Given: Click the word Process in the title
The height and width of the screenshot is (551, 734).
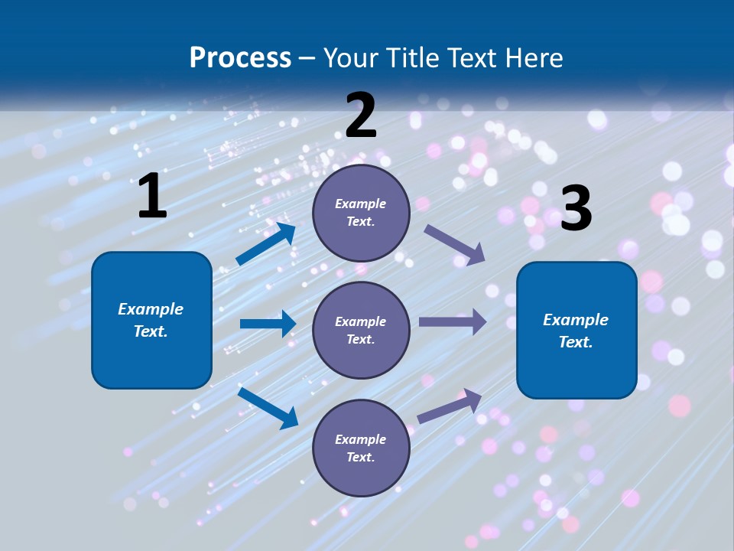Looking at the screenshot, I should click(x=240, y=58).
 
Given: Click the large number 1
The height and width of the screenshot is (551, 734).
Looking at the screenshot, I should click(x=152, y=196).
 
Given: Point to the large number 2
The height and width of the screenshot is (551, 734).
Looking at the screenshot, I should click(x=361, y=115).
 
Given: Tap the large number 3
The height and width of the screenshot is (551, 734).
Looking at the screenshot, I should click(x=576, y=208).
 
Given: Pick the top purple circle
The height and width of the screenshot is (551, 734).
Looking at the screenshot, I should click(x=361, y=213).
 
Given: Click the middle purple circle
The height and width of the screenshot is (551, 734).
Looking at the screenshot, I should click(x=361, y=330).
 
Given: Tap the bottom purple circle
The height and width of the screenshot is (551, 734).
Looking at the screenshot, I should click(x=361, y=448).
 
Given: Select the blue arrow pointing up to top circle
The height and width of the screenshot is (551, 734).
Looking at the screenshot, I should click(x=266, y=243).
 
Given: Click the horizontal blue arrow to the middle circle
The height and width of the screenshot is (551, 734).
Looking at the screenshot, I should click(x=268, y=324).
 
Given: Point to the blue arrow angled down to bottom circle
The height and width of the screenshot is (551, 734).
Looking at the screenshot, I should click(x=268, y=407).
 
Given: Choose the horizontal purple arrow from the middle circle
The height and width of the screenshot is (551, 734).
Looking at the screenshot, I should click(x=453, y=321).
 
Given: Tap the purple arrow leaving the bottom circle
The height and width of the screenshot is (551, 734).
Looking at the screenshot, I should click(x=450, y=406).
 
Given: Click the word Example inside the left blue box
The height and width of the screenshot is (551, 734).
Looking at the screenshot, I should click(x=151, y=309).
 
